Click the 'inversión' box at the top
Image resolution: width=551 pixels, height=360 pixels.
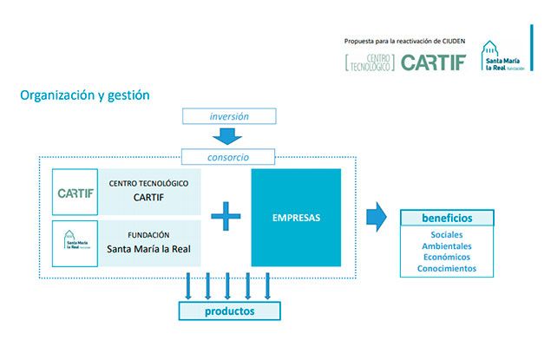(229, 116)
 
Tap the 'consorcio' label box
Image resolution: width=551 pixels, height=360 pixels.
(228, 158)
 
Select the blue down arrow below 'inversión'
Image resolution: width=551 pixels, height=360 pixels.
(228, 135)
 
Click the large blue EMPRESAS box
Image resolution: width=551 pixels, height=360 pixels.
(296, 218)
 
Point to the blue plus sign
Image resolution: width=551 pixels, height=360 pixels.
(226, 216)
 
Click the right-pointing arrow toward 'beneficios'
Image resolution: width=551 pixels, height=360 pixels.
(375, 217)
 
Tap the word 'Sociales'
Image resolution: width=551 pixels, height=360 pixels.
(446, 235)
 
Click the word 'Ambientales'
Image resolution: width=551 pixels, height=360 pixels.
(446, 246)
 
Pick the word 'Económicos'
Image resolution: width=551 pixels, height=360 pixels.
(446, 258)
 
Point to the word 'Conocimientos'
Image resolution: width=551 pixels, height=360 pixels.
(446, 269)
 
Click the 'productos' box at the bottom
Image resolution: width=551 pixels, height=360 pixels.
(229, 310)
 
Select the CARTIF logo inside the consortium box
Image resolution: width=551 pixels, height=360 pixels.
(75, 192)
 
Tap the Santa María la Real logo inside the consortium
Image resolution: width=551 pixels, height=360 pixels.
(75, 242)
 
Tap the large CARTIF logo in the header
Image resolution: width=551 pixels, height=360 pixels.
(433, 62)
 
